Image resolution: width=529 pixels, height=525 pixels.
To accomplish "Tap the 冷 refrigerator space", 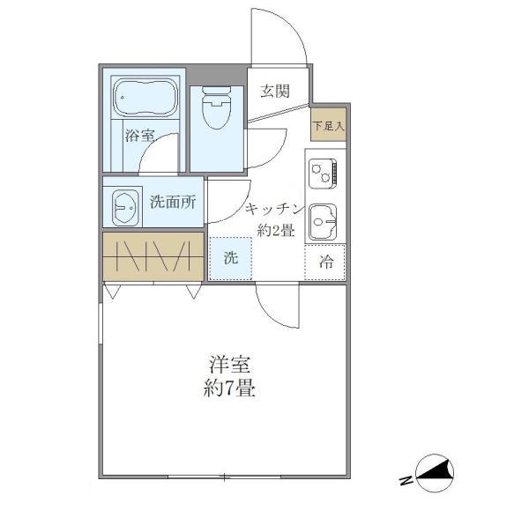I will [x=326, y=261].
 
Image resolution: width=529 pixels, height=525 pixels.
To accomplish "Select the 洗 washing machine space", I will [x=229, y=259].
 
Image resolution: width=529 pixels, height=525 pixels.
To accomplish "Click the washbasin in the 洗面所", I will [x=125, y=208].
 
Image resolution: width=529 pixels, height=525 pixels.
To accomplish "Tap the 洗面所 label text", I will [x=172, y=202].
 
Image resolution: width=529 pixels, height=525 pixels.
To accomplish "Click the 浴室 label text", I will [x=139, y=136].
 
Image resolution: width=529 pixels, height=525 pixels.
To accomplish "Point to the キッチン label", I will [x=274, y=210].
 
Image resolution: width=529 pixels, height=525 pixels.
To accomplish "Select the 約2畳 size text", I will [x=275, y=232].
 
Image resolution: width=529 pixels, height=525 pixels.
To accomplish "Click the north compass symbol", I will [x=431, y=476].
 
